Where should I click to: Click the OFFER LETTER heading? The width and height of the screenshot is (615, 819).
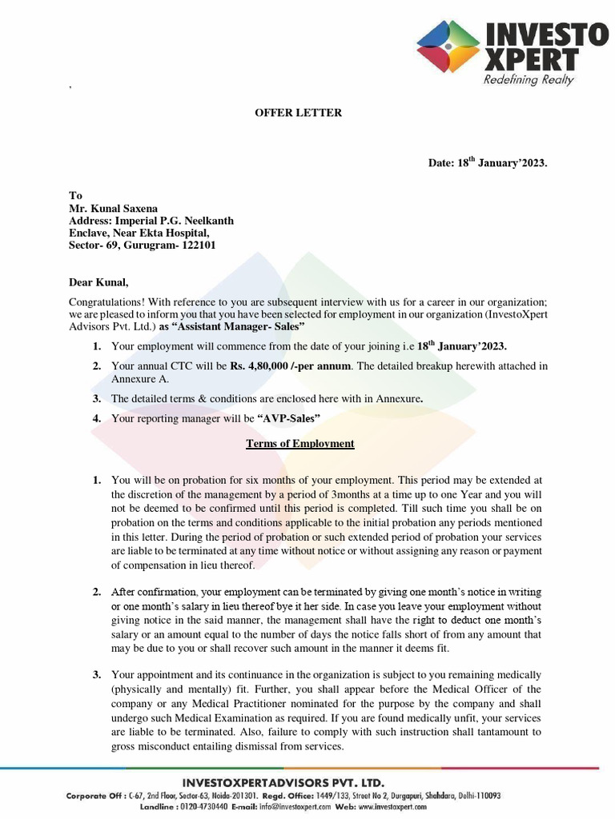pyautogui.click(x=298, y=113)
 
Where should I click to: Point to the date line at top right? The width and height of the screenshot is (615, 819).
pyautogui.click(x=488, y=163)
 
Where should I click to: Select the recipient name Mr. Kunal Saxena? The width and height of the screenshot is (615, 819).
pyautogui.click(x=113, y=209)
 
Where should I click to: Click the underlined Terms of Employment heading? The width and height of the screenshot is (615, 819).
pyautogui.click(x=299, y=444)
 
